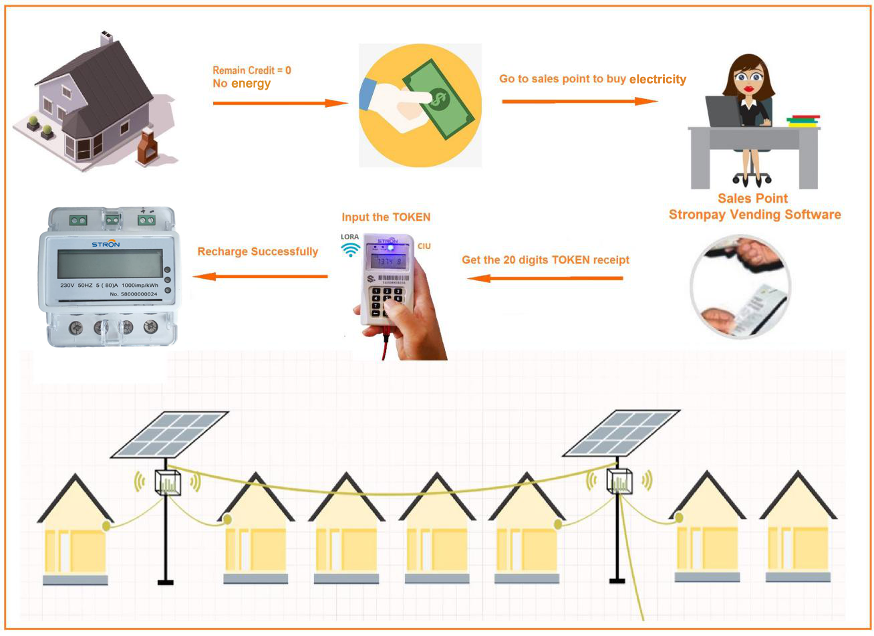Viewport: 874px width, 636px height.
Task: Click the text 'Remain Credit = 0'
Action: pos(251,70)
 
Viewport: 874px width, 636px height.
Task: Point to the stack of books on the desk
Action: pos(803,120)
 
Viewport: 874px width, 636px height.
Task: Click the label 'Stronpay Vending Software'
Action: pos(754,215)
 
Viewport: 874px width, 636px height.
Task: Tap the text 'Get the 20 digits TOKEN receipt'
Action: pos(545,259)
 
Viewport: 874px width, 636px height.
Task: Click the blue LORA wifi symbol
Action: pos(349,249)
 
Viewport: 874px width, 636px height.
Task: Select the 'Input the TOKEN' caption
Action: pos(386,217)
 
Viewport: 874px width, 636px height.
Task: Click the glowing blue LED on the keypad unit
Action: pos(390,247)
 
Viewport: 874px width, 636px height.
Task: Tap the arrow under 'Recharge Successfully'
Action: pos(260,276)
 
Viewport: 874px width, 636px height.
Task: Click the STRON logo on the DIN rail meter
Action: pos(106,244)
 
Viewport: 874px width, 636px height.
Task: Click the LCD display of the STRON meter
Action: pos(110,263)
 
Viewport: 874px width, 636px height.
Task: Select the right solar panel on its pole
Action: pos(621,432)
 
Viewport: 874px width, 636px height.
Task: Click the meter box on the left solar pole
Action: pos(168,482)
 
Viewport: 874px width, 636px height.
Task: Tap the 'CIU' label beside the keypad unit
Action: pos(424,246)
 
